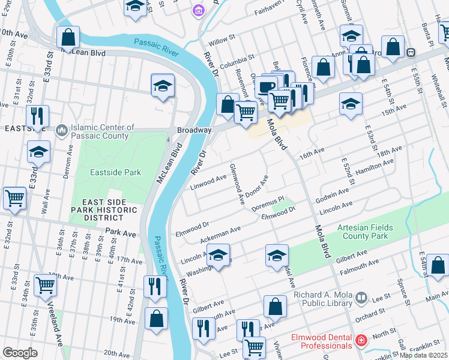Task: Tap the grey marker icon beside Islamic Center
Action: (x=61, y=131)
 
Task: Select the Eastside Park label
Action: (x=115, y=172)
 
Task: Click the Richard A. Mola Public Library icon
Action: (x=361, y=297)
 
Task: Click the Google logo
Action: (x=19, y=353)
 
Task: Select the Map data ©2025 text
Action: (x=424, y=355)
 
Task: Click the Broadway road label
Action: (x=194, y=130)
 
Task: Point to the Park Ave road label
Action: (x=121, y=232)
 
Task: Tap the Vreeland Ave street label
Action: (x=54, y=327)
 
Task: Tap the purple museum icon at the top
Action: (x=198, y=10)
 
